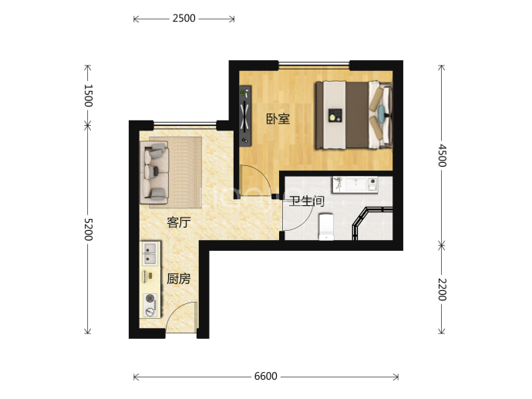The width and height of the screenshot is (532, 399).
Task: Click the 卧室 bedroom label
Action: click(x=278, y=119)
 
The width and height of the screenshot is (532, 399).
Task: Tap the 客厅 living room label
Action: click(x=179, y=222)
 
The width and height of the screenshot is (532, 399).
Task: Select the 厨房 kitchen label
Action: click(x=179, y=279)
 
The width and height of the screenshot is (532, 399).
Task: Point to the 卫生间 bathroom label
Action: click(x=307, y=201)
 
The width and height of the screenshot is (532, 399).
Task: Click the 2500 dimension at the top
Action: click(x=184, y=18)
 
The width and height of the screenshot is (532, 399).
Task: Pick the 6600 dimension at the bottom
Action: click(x=266, y=377)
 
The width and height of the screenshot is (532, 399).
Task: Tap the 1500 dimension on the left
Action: click(x=88, y=96)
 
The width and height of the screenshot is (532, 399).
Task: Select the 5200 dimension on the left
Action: click(x=88, y=229)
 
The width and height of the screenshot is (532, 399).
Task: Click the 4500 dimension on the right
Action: click(x=442, y=155)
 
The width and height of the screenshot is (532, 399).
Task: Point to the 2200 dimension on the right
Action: click(x=442, y=289)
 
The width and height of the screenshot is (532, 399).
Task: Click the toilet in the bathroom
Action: click(x=326, y=226)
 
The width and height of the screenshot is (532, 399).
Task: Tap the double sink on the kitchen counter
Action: click(x=150, y=253)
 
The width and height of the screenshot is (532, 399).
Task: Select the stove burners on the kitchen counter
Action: click(x=150, y=305)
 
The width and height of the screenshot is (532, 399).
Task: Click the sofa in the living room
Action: click(x=154, y=173)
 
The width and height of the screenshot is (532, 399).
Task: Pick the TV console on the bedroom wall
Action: click(x=245, y=116)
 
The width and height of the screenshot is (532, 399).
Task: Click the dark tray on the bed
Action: click(x=335, y=115)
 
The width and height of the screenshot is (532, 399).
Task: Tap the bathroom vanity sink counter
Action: click(x=355, y=184)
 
